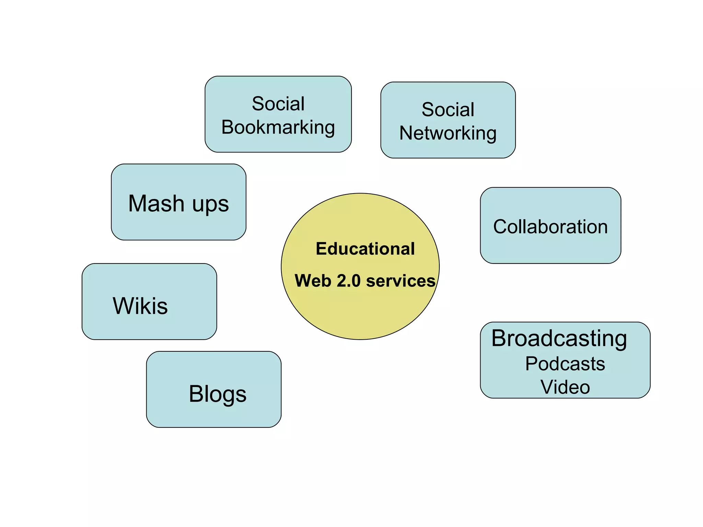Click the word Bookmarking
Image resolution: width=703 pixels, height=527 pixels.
point(278,128)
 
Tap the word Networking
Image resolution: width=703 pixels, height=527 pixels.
point(448,133)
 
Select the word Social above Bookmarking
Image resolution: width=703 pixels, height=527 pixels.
point(278,104)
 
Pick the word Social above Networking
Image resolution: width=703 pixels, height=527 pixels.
point(448,109)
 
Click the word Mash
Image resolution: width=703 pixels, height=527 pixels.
point(157,203)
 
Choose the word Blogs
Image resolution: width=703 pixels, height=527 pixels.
point(218,394)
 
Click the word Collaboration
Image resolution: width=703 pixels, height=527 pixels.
point(551,227)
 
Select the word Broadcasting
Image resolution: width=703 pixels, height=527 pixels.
point(559,339)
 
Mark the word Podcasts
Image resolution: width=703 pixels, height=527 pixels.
point(565,364)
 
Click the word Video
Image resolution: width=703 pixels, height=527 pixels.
point(565,387)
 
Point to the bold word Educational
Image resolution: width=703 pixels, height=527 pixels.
point(365,249)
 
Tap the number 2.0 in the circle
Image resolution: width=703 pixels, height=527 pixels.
point(348,281)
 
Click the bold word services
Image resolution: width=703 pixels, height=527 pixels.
point(401,281)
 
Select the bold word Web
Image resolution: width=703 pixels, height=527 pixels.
point(313,281)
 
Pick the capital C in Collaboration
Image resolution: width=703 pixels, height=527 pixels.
point(500,227)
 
